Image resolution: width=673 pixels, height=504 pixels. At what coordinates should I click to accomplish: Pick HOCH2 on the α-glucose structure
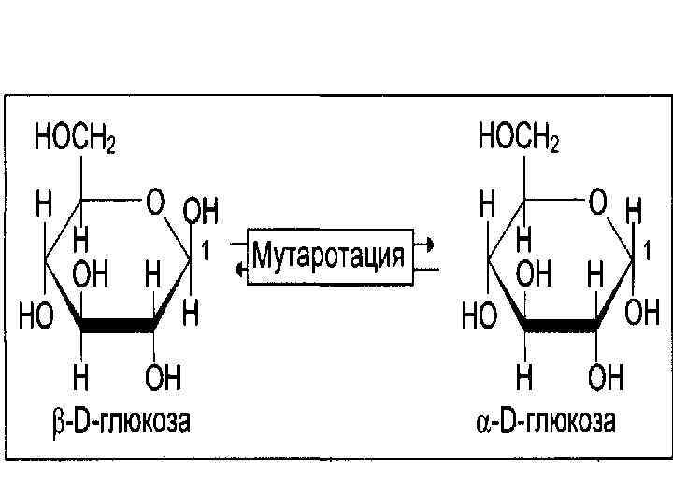pyautogui.click(x=519, y=141)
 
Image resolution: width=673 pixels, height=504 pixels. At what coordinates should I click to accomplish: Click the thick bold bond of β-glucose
pyautogui.click(x=117, y=327)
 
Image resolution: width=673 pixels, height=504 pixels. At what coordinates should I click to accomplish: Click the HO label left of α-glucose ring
pyautogui.click(x=478, y=317)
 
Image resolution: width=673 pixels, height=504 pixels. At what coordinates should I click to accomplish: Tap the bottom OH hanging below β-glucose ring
pyautogui.click(x=163, y=378)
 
